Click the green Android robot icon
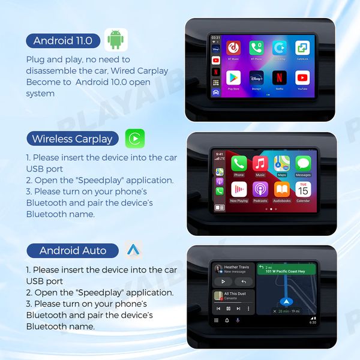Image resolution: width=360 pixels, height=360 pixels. [116, 40]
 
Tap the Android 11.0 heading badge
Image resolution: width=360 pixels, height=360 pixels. [63, 41]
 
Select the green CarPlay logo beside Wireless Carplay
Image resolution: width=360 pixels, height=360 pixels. [135, 139]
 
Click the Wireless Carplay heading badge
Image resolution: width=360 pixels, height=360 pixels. [72, 139]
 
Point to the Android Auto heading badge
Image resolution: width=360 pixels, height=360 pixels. [73, 250]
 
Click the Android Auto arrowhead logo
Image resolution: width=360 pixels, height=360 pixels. [133, 250]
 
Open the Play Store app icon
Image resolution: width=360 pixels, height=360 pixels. [233, 77]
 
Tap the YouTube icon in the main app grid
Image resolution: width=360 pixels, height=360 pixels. [302, 77]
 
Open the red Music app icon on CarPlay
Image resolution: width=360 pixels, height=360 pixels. [260, 163]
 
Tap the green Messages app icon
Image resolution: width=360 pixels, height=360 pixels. [303, 163]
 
